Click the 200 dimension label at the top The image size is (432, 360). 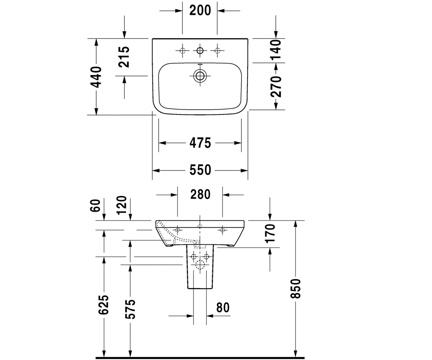click(200, 10)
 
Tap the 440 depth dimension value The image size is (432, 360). click(96, 77)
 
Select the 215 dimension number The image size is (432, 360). click(124, 57)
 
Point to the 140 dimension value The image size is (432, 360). click(276, 50)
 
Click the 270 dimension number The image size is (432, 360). click(276, 87)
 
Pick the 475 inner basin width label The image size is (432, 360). click(200, 143)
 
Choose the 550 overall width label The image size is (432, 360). click(200, 170)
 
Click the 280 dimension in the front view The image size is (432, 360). click(200, 194)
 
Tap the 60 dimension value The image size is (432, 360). click(95, 206)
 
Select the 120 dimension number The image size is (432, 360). click(121, 205)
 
